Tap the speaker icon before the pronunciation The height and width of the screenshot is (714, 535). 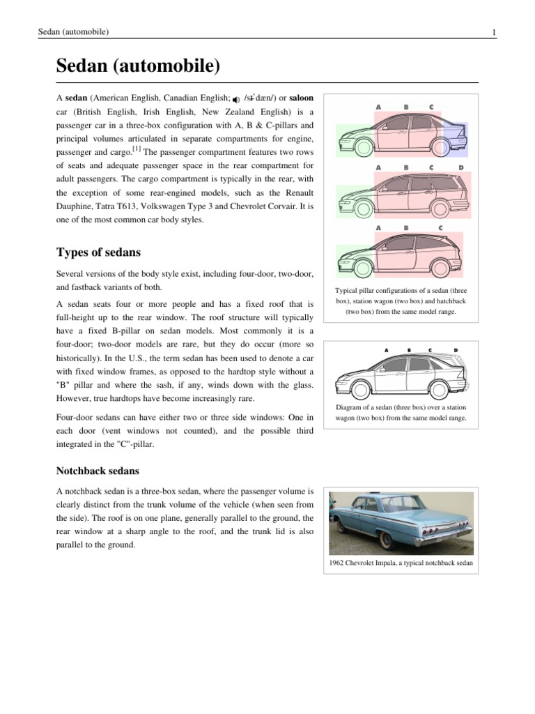coord(236,99)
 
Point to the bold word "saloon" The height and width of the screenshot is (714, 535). coord(301,98)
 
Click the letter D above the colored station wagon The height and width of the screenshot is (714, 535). coord(461,168)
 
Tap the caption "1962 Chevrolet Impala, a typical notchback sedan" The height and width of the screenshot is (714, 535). coord(400,563)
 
